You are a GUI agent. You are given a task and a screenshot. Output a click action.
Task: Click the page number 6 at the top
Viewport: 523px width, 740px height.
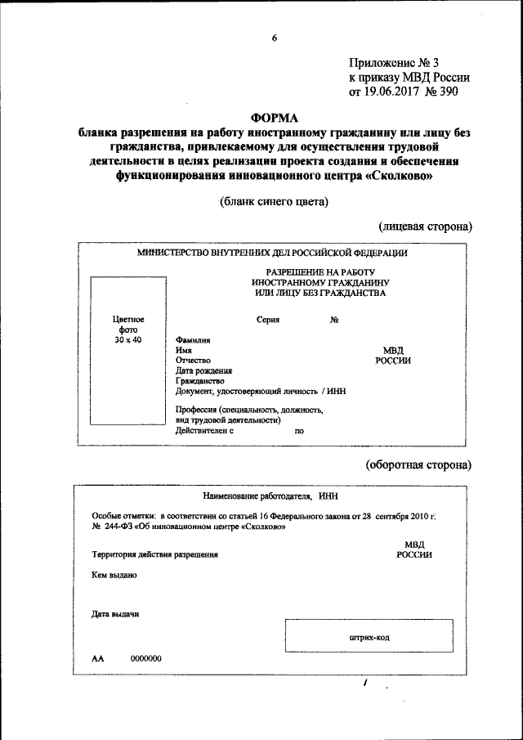pyautogui.click(x=275, y=38)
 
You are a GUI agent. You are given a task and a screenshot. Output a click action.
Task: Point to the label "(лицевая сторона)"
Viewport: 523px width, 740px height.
pyautogui.click(x=425, y=226)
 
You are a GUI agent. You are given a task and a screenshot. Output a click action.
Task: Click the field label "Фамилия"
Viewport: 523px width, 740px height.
pyautogui.click(x=193, y=339)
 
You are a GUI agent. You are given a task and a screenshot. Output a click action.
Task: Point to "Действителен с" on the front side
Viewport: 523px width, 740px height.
pyautogui.click(x=205, y=429)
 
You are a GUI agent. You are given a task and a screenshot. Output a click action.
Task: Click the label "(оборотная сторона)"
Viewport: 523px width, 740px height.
pyautogui.click(x=418, y=464)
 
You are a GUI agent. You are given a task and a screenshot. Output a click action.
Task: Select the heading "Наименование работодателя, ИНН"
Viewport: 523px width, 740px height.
pyautogui.click(x=270, y=496)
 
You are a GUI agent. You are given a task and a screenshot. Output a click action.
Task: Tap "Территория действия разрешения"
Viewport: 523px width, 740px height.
pyautogui.click(x=154, y=554)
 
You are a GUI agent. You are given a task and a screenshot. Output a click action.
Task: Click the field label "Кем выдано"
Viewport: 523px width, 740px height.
pyautogui.click(x=114, y=575)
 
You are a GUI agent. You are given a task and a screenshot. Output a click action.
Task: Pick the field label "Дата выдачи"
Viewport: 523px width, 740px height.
pyautogui.click(x=115, y=614)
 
